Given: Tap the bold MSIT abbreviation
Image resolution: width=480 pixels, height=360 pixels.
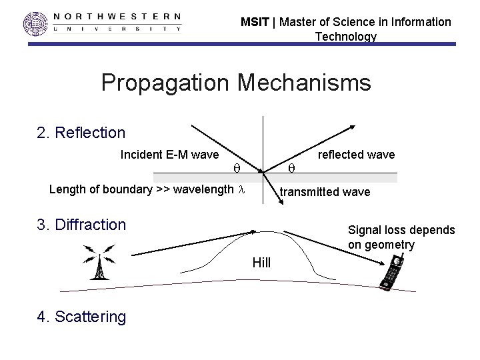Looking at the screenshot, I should tap(255, 22).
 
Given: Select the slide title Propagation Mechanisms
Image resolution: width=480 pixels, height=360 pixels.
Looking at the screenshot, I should tap(235, 83).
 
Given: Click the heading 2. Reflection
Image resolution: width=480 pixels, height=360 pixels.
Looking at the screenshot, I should tap(81, 133).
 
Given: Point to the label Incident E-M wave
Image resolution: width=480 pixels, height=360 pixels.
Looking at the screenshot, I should tap(169, 155).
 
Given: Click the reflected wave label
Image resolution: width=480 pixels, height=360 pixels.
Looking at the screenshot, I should tap(357, 155).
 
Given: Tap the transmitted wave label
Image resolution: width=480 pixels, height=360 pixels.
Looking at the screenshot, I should tap(325, 192).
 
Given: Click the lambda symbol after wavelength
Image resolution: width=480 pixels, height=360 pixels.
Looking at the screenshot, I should tap(243, 189).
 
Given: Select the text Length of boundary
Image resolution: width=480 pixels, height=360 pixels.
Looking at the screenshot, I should tap(101, 189).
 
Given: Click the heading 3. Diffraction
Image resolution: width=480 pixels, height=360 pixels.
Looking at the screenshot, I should tap(81, 225).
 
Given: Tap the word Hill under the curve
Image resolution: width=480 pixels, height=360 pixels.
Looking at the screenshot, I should tap(261, 263).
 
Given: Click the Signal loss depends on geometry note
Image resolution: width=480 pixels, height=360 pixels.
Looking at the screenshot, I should tap(401, 237).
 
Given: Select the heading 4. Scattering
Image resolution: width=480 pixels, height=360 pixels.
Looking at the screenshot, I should tap(81, 316).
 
